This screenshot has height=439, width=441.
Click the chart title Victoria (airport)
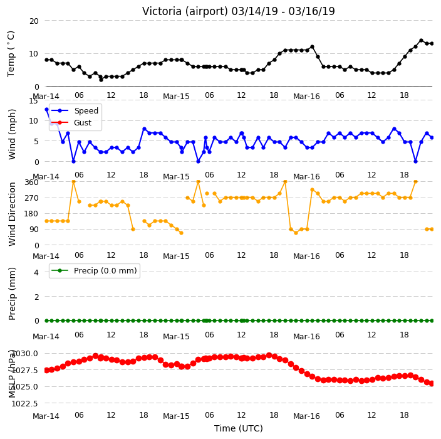click(185, 11)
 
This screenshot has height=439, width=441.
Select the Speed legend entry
click(75, 110)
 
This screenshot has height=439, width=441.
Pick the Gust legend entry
click(71, 123)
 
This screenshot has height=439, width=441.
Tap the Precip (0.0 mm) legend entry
click(94, 270)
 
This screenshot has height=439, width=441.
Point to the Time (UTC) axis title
click(239, 428)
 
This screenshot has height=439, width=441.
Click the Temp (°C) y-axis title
click(11, 54)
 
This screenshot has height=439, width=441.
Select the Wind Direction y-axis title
click(12, 214)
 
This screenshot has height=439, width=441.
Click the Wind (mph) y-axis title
click(12, 134)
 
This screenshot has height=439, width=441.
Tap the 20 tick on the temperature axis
click(34, 21)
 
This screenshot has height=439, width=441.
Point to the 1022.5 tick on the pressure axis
click(24, 403)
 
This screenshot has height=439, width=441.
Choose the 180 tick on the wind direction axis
click(31, 214)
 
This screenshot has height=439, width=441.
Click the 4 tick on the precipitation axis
click(36, 272)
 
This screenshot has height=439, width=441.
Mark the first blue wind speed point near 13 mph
click(47, 110)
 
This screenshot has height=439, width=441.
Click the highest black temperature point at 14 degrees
click(421, 41)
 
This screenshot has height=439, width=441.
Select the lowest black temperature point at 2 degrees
click(101, 80)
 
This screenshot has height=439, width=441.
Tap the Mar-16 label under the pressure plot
click(306, 416)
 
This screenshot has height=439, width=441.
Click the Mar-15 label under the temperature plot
click(176, 97)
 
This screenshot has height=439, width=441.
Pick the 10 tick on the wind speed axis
click(34, 121)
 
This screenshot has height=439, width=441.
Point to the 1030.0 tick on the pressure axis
click(24, 354)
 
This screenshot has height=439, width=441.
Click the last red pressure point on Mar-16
click(432, 384)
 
